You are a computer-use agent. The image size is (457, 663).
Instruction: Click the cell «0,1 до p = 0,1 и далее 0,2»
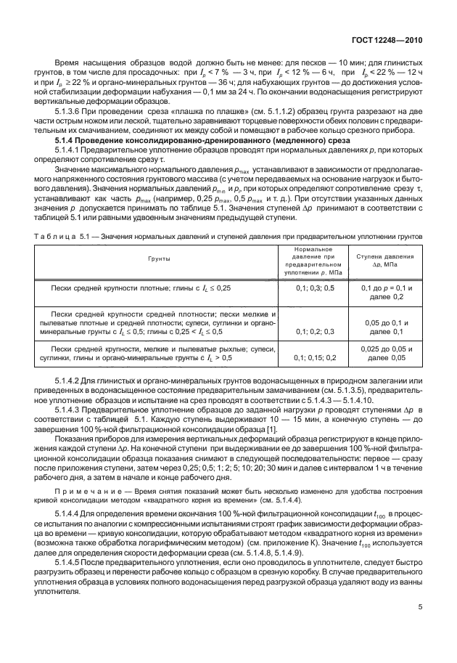pyautogui.click(x=384, y=312)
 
